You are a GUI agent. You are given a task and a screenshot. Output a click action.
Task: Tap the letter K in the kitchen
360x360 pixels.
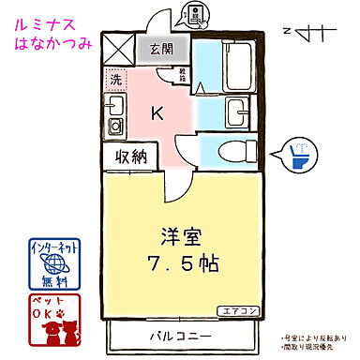(x=157, y=114)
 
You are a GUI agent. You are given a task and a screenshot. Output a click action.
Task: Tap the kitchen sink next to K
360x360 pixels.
(x=115, y=126)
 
